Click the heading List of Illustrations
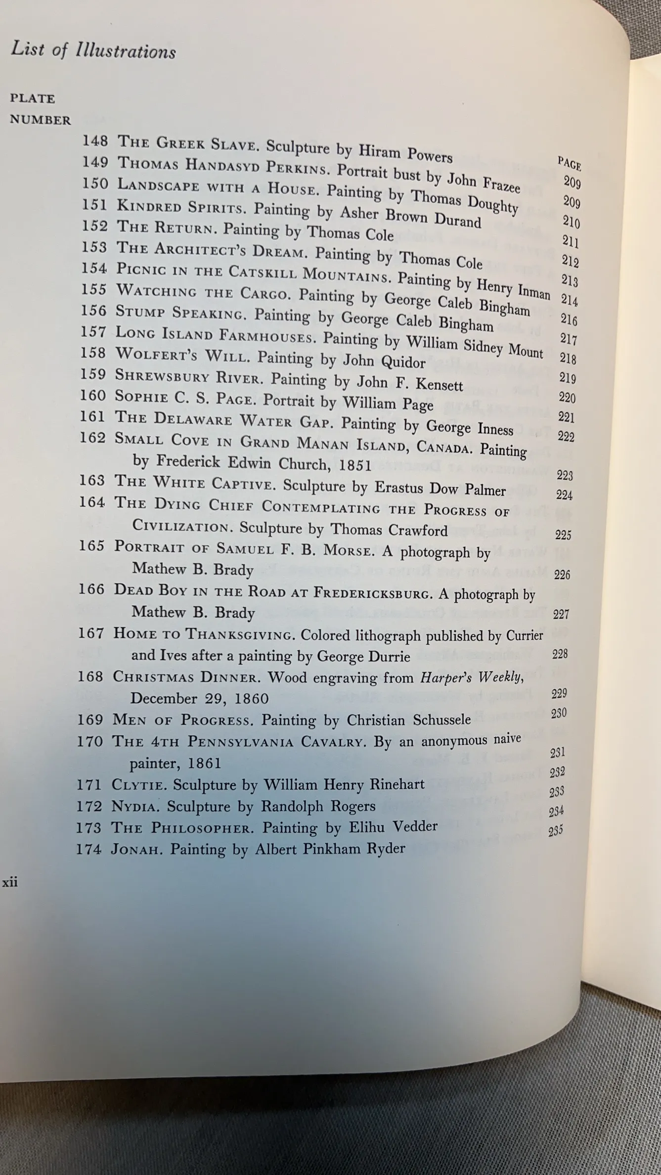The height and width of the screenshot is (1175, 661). pos(93,50)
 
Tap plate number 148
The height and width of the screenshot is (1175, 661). pos(95,141)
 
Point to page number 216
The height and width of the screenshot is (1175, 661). pos(569,320)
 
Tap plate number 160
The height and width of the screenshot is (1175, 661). pos(93,396)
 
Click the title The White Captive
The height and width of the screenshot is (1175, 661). pos(195,482)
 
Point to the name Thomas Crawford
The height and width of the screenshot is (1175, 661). pos(389,530)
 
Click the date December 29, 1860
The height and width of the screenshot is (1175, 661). pos(199,698)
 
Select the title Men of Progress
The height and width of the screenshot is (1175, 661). pos(182,720)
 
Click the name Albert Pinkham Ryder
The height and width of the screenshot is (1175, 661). pos(330,849)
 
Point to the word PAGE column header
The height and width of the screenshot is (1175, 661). pos(570,163)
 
